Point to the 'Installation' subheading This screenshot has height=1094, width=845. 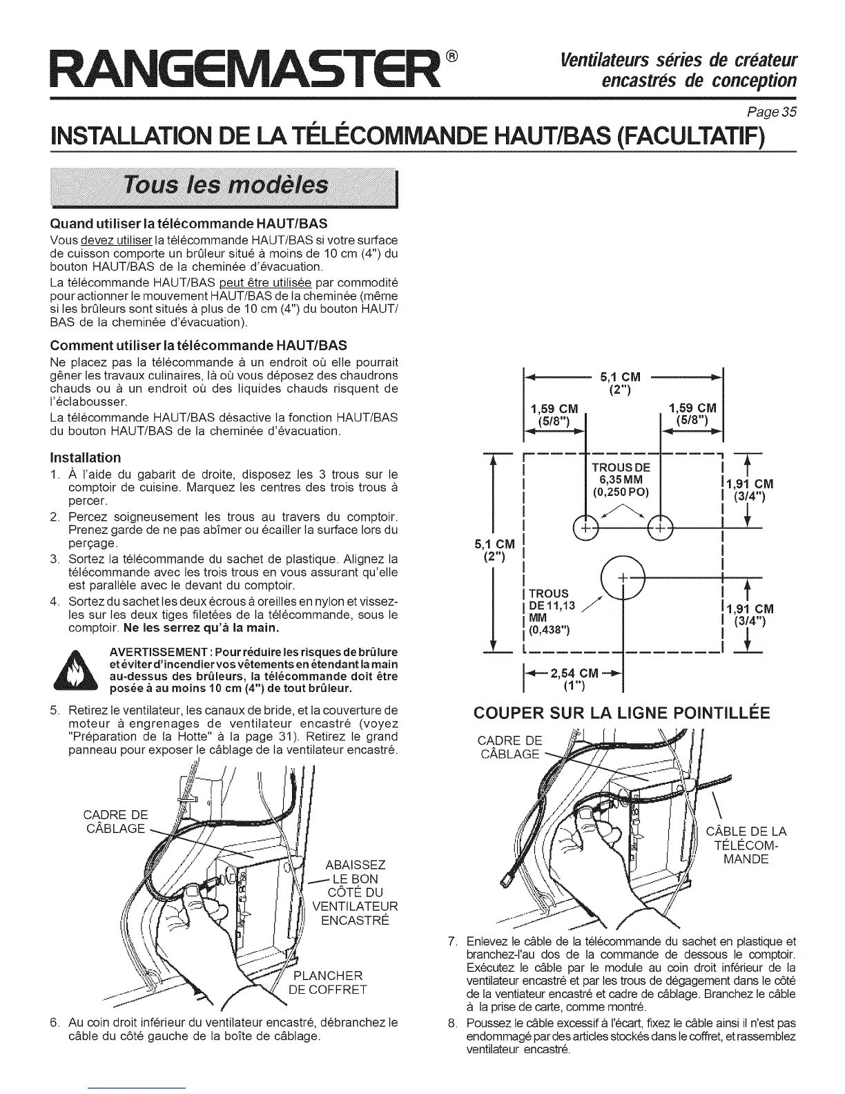click(x=86, y=457)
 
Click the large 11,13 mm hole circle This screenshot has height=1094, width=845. click(x=623, y=576)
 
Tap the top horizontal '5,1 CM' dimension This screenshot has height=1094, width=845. click(x=621, y=377)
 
